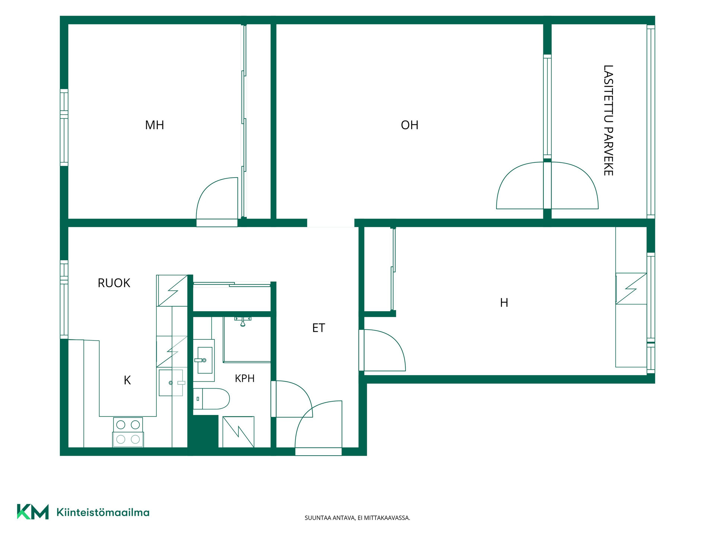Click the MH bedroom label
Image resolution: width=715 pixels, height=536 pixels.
pyautogui.click(x=155, y=125)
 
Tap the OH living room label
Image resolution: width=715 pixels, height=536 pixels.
pyautogui.click(x=410, y=125)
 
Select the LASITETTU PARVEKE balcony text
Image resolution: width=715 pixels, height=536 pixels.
pyautogui.click(x=608, y=120)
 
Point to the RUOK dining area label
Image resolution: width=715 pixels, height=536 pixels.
pyautogui.click(x=114, y=283)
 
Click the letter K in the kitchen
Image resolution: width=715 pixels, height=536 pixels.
pyautogui.click(x=127, y=380)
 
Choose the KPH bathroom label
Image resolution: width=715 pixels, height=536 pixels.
pyautogui.click(x=245, y=378)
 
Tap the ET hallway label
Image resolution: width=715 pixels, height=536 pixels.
pyautogui.click(x=318, y=328)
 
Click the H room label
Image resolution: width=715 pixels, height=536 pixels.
pyautogui.click(x=504, y=303)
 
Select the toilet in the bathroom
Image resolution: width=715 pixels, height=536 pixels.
pyautogui.click(x=211, y=399)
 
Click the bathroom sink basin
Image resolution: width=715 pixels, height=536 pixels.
pyautogui.click(x=204, y=360)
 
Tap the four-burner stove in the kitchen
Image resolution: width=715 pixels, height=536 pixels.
pyautogui.click(x=128, y=432)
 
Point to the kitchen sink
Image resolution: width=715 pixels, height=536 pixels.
pyautogui.click(x=171, y=383)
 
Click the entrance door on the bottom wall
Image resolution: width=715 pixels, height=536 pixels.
pyautogui.click(x=318, y=452)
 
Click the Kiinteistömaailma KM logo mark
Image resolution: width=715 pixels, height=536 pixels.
pyautogui.click(x=33, y=512)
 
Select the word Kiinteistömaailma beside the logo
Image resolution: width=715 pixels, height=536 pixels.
pyautogui.click(x=103, y=512)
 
